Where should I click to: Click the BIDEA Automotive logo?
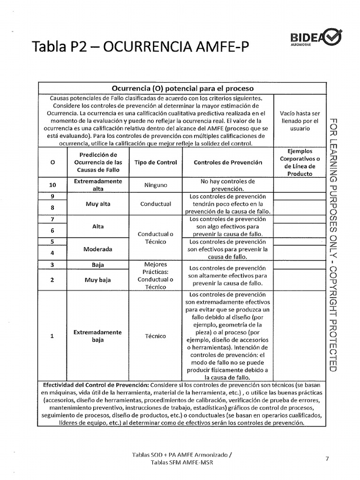coord(316,37)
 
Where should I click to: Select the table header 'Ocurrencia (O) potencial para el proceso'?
coord(182,88)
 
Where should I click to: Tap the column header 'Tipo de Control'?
coord(156,163)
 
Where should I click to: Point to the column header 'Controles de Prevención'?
coord(228,163)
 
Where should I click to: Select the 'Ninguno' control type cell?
coord(156,185)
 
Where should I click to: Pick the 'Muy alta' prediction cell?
coord(98,204)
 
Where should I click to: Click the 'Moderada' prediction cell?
coord(98,249)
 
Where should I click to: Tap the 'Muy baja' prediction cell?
coord(98,280)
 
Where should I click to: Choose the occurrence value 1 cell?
coord(52,336)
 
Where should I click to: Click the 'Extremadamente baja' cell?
coord(98,336)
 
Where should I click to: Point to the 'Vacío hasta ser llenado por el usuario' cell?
coord(300,120)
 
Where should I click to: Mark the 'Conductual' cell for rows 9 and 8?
coord(156,204)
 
